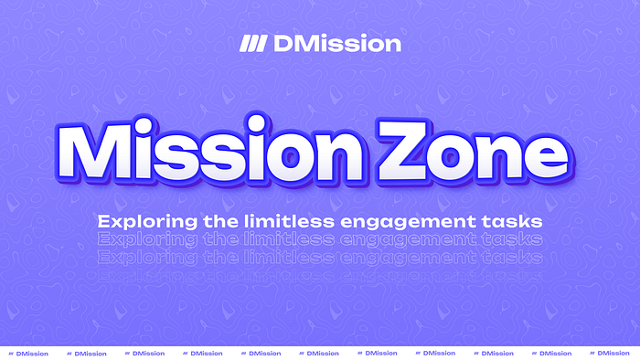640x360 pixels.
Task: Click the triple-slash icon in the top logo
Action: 251,44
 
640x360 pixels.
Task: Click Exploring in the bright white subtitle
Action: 139,221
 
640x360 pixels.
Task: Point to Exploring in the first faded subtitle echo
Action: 139,239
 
